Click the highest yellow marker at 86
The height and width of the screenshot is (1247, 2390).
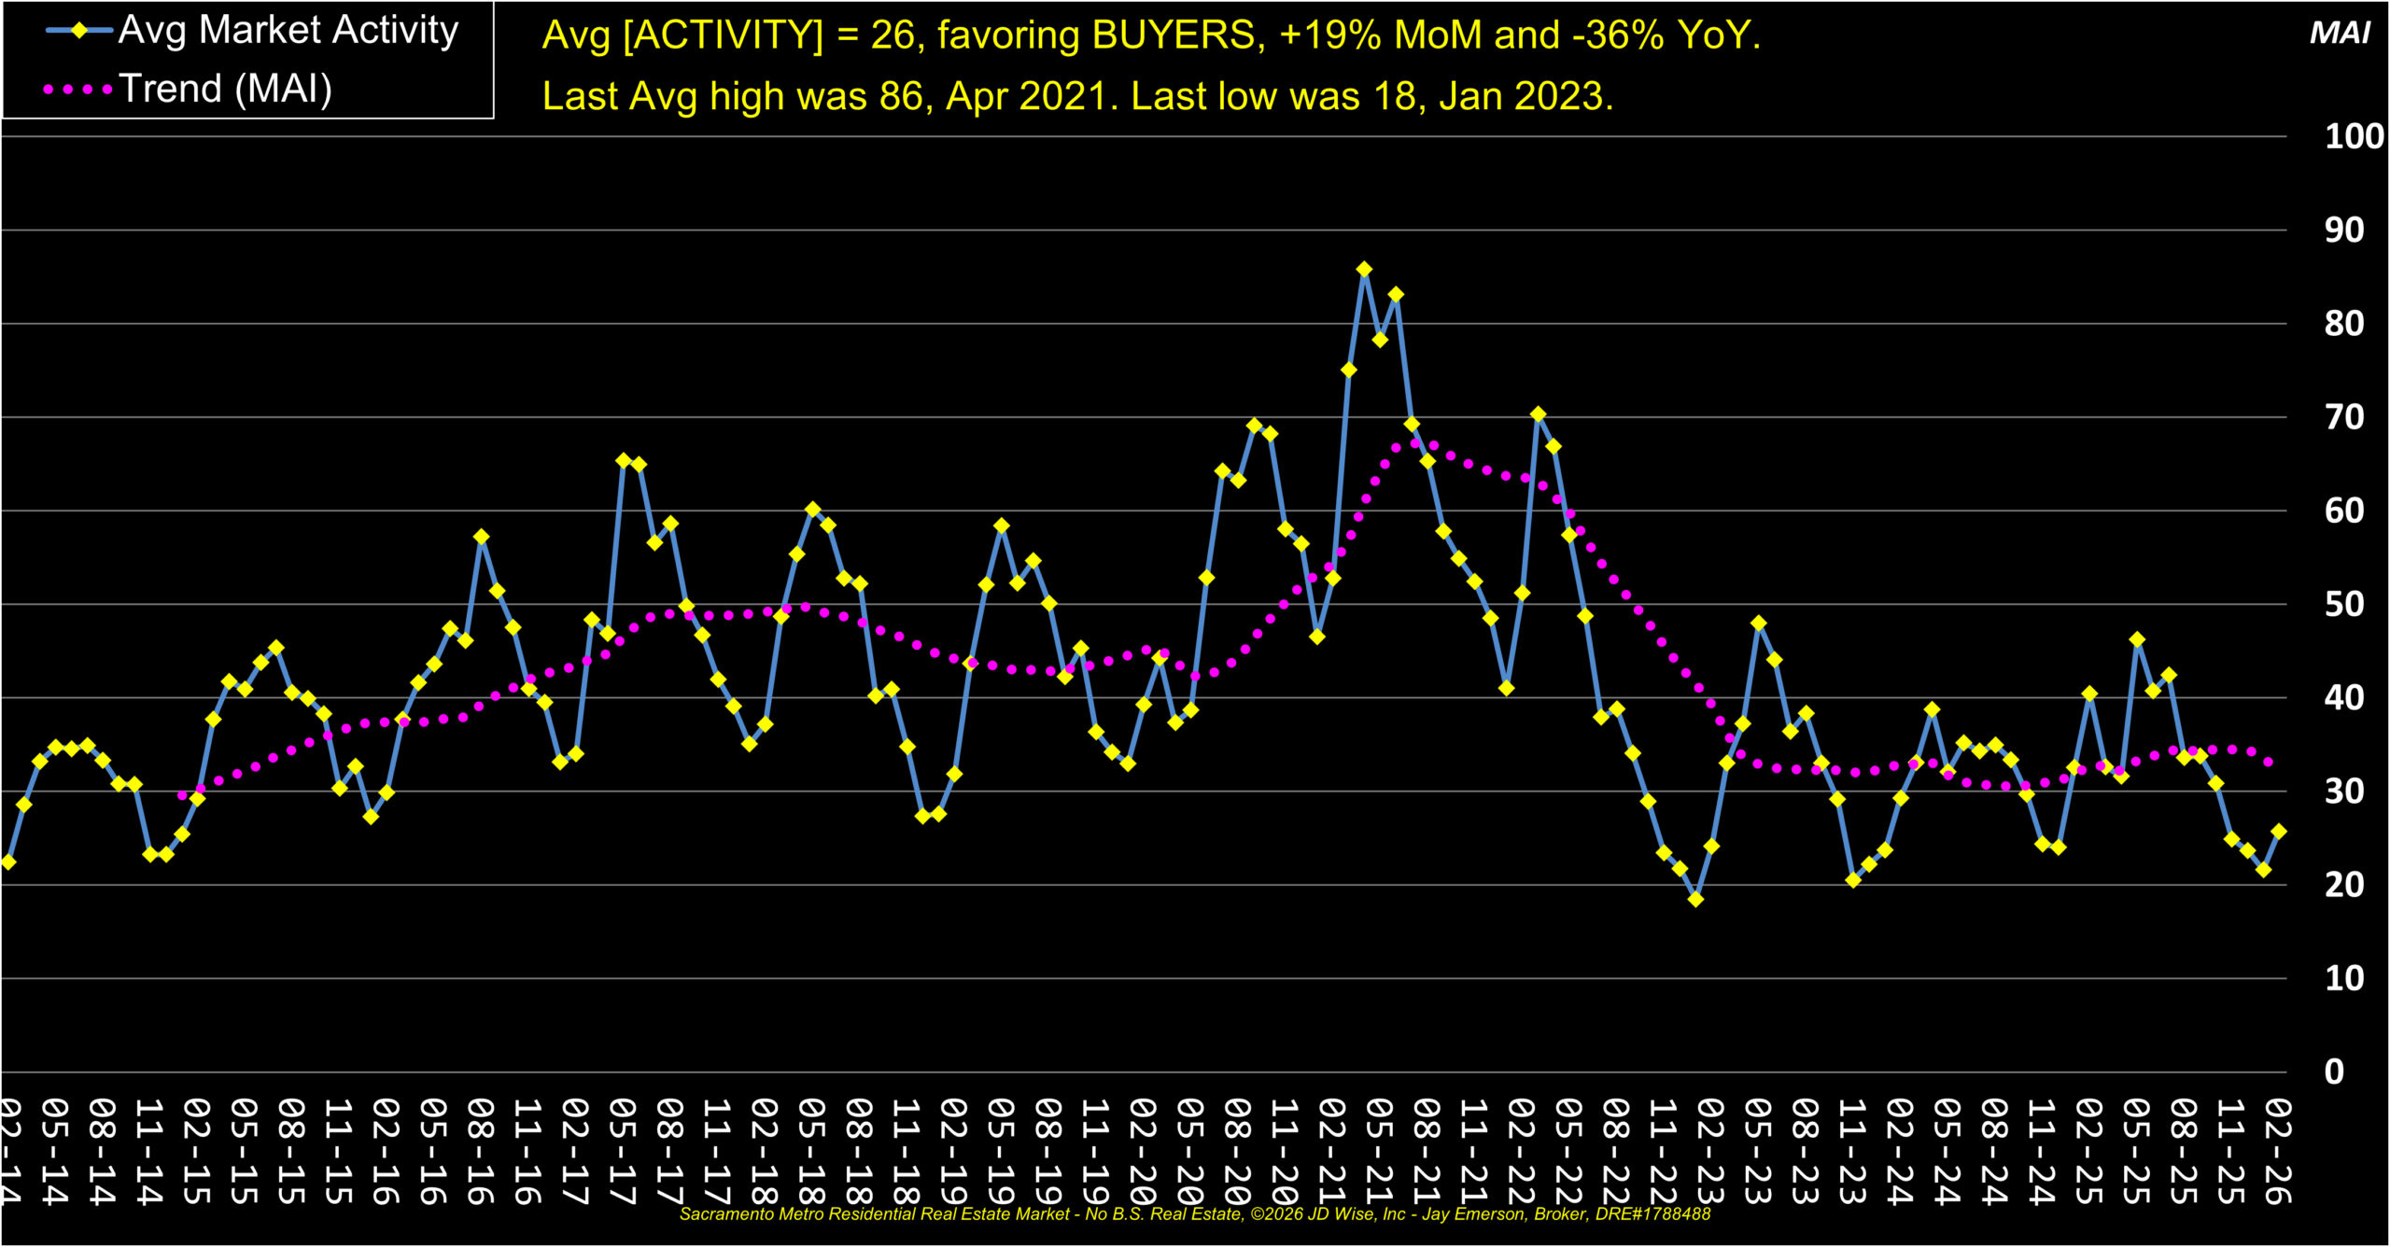1364,270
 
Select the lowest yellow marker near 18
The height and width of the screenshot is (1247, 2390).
1695,900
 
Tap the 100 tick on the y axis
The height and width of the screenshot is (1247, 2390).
2354,137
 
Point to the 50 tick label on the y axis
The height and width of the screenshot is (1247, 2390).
2344,605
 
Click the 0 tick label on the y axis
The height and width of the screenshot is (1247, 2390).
2334,1072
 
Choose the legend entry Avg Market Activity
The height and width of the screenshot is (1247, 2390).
288,31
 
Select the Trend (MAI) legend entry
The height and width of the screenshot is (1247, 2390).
225,90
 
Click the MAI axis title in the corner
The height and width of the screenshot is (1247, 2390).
2339,34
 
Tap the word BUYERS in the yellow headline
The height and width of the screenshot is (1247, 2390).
1174,35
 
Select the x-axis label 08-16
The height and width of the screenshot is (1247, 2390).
480,1150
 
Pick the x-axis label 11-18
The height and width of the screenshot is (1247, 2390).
907,1150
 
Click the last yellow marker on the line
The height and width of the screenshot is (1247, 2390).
2279,832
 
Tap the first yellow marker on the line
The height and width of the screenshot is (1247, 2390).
8,862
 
